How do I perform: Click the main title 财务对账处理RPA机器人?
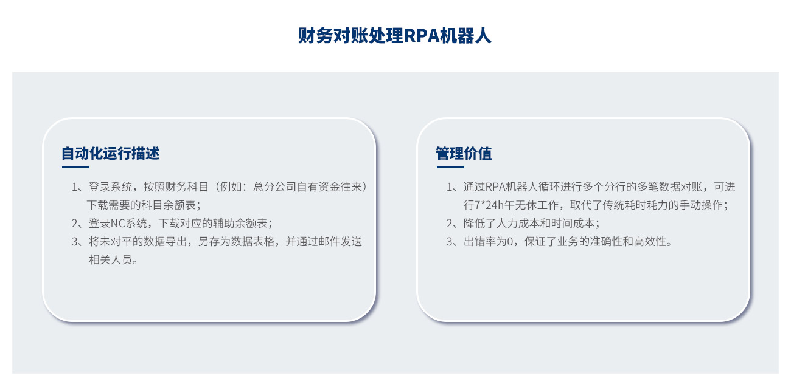pos(394,36)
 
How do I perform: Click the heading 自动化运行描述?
pos(111,154)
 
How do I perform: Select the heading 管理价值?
pos(464,154)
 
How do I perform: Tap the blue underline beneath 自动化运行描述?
pos(75,167)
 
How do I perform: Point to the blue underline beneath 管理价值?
pos(450,167)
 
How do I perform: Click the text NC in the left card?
pos(118,223)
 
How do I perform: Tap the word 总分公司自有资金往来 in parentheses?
pos(307,186)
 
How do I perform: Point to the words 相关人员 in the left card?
pos(110,260)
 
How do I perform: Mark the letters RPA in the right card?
pos(495,186)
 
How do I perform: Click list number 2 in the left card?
pos(75,223)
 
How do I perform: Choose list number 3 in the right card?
pos(450,242)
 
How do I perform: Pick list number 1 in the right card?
pos(450,186)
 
